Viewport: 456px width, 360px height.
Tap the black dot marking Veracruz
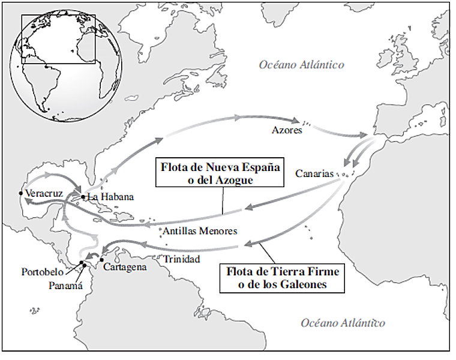(x=21, y=193)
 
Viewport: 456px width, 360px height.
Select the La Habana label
(x=110, y=197)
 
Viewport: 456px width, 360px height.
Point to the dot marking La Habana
(x=83, y=196)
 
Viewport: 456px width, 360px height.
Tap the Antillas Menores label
(x=200, y=231)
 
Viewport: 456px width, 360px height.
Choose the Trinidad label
(x=182, y=259)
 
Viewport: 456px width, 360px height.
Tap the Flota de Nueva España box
(x=220, y=173)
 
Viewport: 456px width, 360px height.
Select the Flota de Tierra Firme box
(x=283, y=278)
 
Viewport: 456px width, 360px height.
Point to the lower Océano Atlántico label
(x=343, y=323)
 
